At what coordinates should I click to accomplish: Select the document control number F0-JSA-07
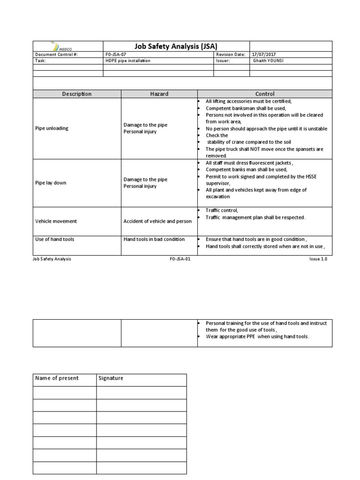pos(116,54)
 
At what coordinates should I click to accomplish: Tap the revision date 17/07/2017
pos(265,54)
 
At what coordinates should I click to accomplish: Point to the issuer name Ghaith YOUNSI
pos(269,61)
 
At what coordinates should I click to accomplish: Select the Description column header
pos(77,94)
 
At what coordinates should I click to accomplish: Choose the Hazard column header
pos(159,94)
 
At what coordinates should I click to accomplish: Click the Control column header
pos(264,94)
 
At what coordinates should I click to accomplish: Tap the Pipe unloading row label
pos(52,128)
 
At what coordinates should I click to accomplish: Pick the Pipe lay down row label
pos(51,183)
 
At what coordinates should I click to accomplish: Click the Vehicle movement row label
pos(56,221)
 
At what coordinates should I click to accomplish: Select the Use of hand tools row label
pos(55,239)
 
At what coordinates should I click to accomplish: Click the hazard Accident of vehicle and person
pos(157,221)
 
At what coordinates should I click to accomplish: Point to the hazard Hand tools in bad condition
pos(154,239)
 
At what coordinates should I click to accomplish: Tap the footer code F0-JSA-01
pos(180,259)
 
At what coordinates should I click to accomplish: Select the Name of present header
pos(57,378)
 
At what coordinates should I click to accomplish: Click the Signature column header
pos(111,378)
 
